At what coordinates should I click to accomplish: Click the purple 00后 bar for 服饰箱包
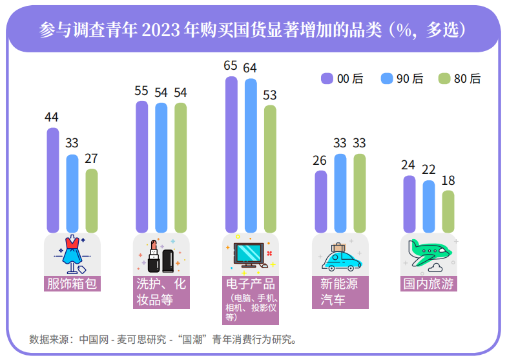53,180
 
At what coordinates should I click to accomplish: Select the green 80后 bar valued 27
92,200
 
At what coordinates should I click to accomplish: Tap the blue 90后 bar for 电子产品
251,155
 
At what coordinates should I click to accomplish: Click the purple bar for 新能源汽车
320,201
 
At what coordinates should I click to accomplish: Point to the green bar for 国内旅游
448,211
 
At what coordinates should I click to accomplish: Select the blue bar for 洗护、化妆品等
161,167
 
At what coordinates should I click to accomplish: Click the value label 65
231,66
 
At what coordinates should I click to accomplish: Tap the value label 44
52,117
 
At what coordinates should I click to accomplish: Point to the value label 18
448,180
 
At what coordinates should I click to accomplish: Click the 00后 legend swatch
327,79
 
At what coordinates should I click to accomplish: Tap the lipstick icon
154,255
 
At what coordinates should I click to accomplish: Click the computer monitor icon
248,255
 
